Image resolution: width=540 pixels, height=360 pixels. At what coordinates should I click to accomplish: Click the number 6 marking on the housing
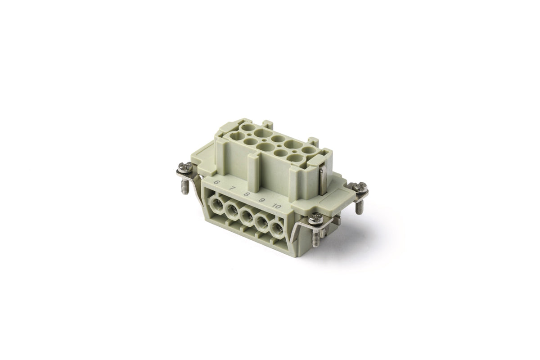[x=217, y=182]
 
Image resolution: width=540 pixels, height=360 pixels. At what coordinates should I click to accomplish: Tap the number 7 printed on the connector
[x=231, y=188]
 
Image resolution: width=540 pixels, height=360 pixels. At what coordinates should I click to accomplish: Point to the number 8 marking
[x=246, y=194]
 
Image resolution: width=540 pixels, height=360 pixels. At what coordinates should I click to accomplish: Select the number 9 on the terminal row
[x=261, y=200]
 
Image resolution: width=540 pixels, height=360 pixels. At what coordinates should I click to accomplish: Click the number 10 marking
[x=277, y=206]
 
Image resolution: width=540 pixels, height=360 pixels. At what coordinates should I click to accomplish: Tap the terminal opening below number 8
[x=247, y=217]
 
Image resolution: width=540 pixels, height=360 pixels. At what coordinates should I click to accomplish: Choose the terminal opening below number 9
[x=262, y=223]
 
